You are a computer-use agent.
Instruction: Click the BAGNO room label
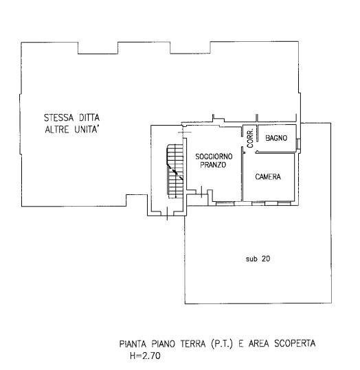[276, 138]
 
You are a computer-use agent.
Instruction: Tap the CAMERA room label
[268, 176]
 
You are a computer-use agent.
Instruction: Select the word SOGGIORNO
[214, 157]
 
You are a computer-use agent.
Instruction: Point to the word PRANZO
[213, 165]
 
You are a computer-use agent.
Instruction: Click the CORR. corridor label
[250, 138]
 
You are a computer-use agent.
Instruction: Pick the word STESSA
[59, 117]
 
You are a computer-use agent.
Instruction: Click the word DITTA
[89, 117]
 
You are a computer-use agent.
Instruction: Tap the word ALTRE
[57, 130]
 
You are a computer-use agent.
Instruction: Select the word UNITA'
[87, 130]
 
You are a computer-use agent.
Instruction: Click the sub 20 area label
[258, 259]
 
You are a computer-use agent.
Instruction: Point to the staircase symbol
[175, 171]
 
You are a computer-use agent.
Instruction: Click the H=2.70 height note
[145, 356]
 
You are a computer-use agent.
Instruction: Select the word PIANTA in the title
[133, 344]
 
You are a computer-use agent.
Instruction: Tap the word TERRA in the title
[193, 344]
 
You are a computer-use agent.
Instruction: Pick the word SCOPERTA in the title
[295, 343]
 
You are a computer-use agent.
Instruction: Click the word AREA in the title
[258, 343]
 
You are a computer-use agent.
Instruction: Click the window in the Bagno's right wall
[298, 143]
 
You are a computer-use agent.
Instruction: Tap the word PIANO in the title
[164, 344]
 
